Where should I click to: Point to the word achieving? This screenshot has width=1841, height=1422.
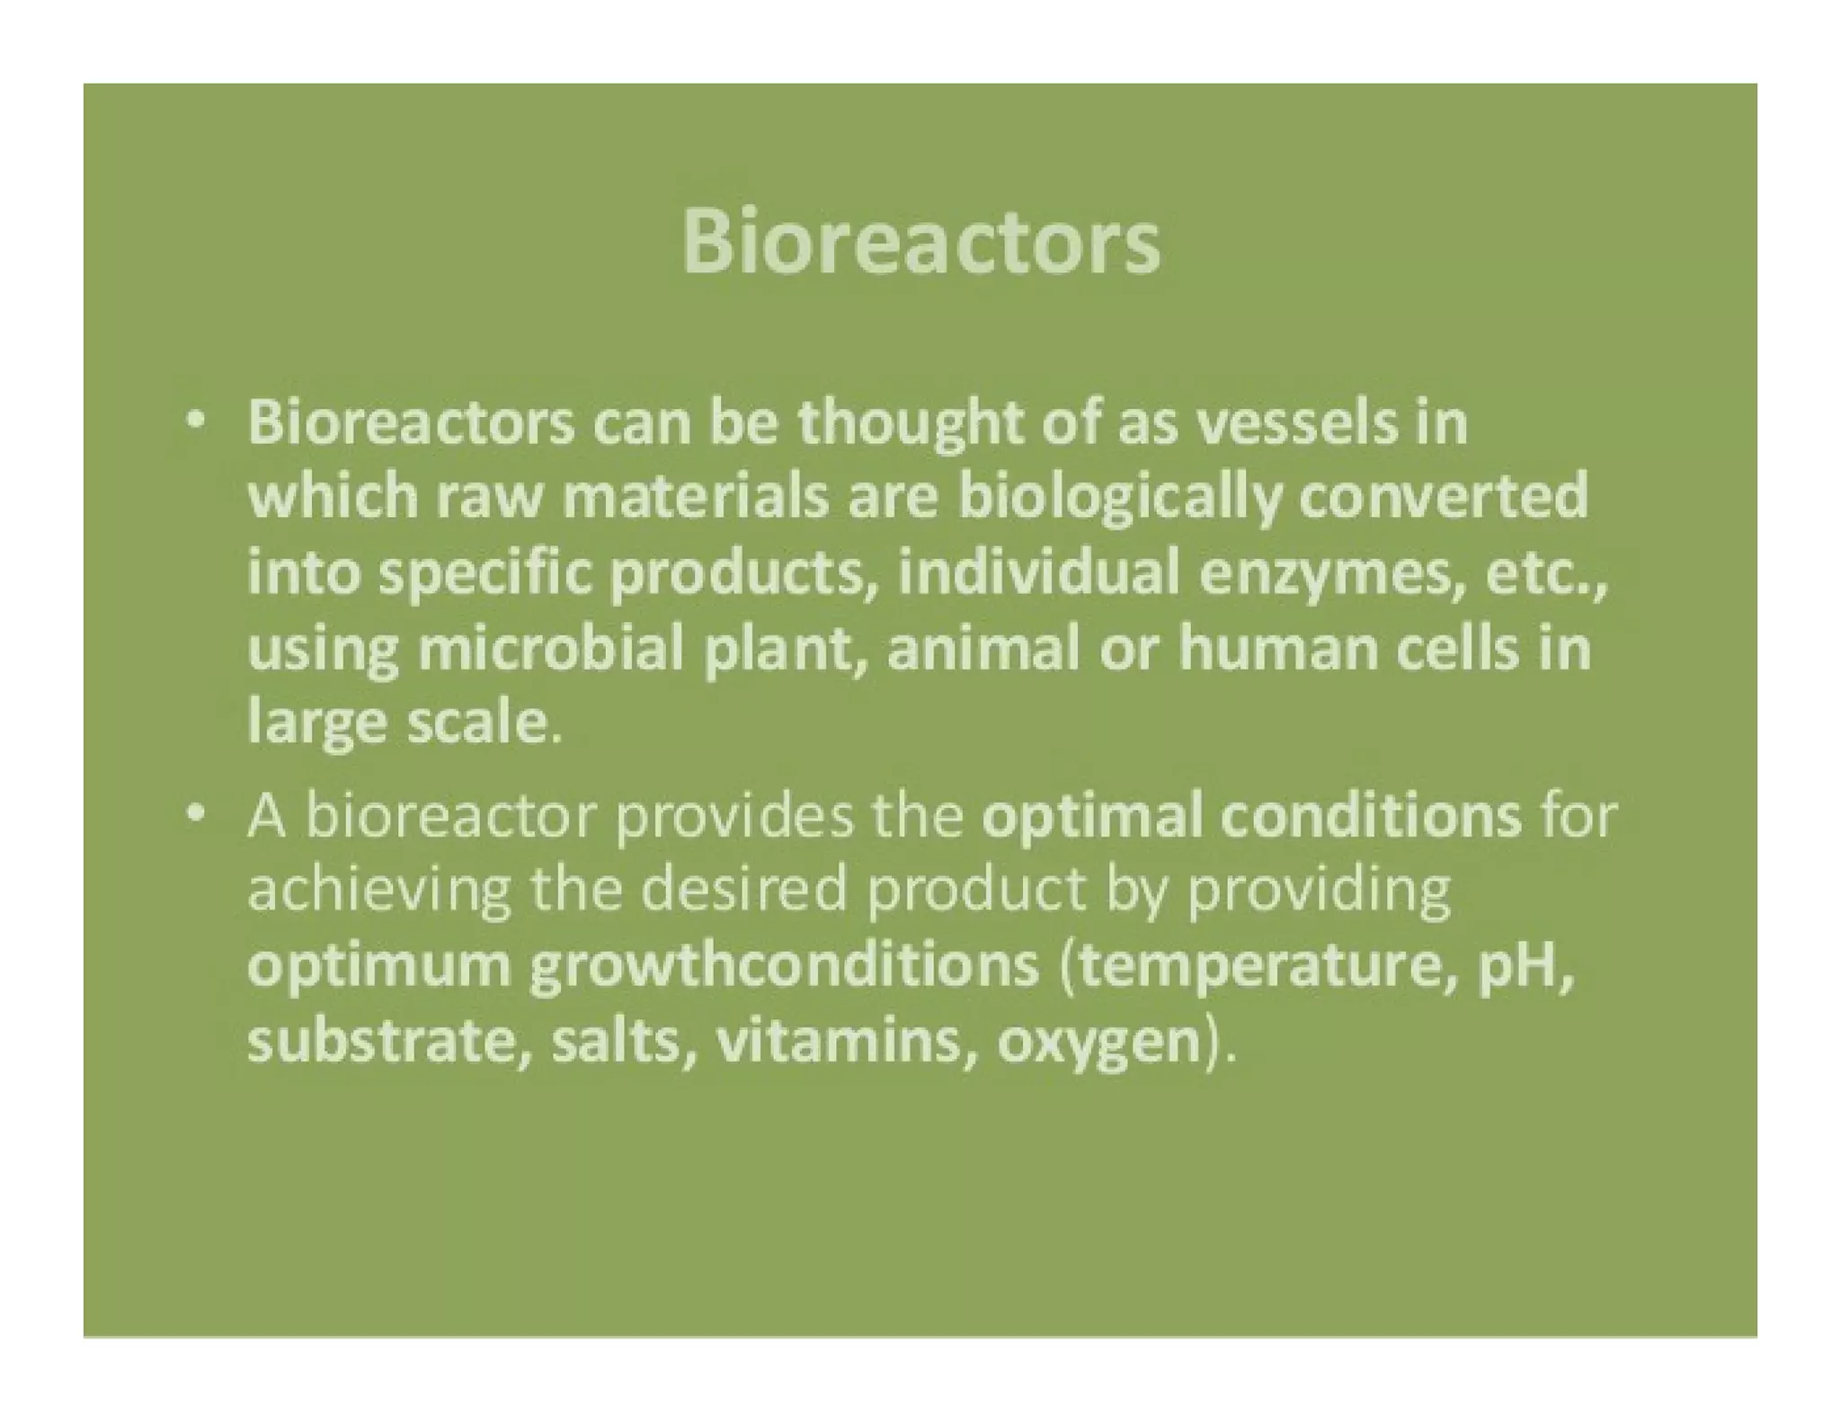pos(378,892)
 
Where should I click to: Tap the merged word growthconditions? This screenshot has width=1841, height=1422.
pos(783,967)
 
